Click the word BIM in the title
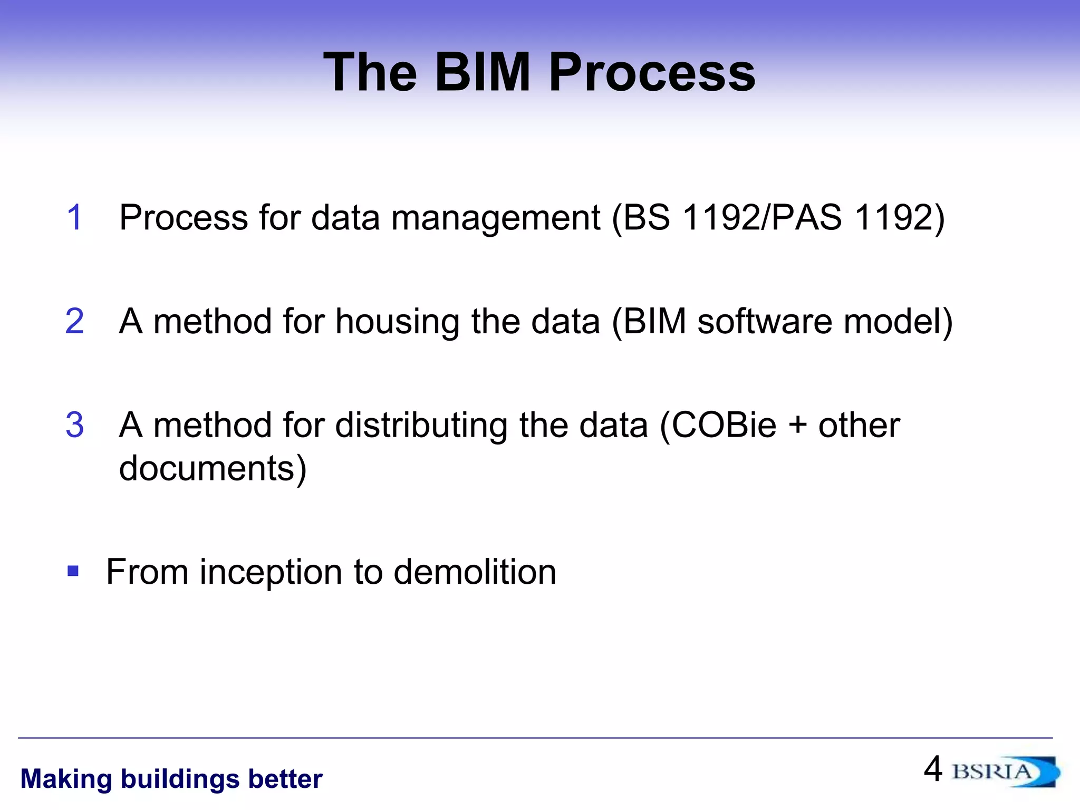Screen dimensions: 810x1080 (x=482, y=72)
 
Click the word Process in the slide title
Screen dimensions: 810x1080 (x=652, y=72)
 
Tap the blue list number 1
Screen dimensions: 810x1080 (x=75, y=217)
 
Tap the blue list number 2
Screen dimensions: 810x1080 (x=75, y=321)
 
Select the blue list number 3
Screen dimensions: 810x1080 (x=75, y=425)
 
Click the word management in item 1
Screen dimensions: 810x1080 (x=495, y=218)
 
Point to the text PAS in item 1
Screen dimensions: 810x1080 (x=806, y=217)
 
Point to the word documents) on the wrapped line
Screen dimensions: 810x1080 (x=213, y=469)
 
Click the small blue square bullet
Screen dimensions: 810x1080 (x=73, y=571)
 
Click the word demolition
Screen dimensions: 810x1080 (x=475, y=572)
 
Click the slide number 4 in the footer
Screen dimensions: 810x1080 (x=933, y=769)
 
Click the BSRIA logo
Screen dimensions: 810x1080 (x=1005, y=772)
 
